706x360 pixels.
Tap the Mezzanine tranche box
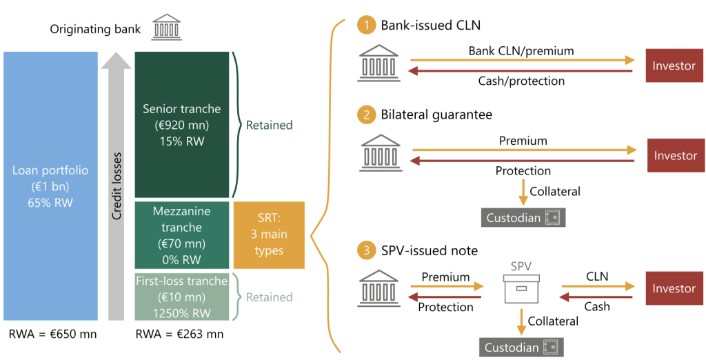(x=182, y=234)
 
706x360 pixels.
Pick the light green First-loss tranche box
(x=182, y=297)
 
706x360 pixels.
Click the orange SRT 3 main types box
(x=269, y=234)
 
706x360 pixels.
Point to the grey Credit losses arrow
(x=117, y=186)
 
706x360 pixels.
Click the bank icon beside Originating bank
(x=165, y=28)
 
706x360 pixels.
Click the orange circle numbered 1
(x=366, y=26)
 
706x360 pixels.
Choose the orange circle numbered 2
(x=366, y=114)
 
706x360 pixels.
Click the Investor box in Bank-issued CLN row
(x=675, y=66)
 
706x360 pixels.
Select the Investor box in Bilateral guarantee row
(x=676, y=155)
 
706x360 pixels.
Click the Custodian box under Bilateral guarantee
(x=523, y=217)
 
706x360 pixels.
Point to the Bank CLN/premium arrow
(x=521, y=61)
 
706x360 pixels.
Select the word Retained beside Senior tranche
(x=270, y=126)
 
